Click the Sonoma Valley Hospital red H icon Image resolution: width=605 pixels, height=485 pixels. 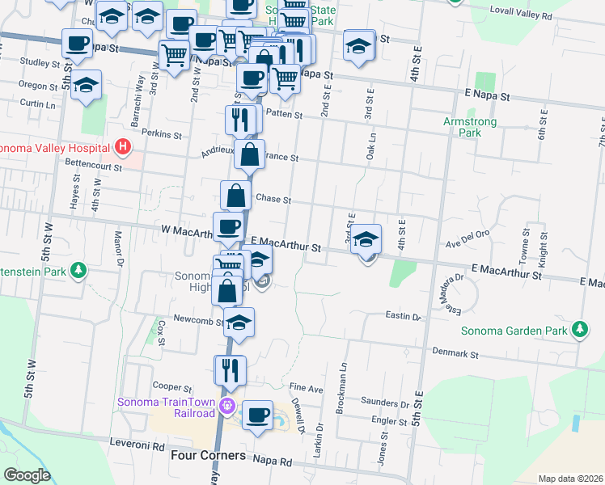(x=123, y=147)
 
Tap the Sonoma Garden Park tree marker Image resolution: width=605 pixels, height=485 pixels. (x=579, y=330)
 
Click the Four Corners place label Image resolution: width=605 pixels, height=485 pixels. (x=209, y=456)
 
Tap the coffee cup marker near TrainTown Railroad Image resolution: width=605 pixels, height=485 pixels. (x=257, y=415)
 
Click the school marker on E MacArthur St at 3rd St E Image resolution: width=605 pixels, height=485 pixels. (x=366, y=240)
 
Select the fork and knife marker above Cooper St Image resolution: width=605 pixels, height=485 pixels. (x=230, y=369)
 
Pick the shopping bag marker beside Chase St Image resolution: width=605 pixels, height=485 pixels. (x=235, y=196)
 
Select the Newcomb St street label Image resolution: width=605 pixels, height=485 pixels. (x=192, y=321)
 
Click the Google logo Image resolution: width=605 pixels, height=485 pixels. (x=27, y=474)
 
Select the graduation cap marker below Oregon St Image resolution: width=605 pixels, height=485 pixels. (x=85, y=86)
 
